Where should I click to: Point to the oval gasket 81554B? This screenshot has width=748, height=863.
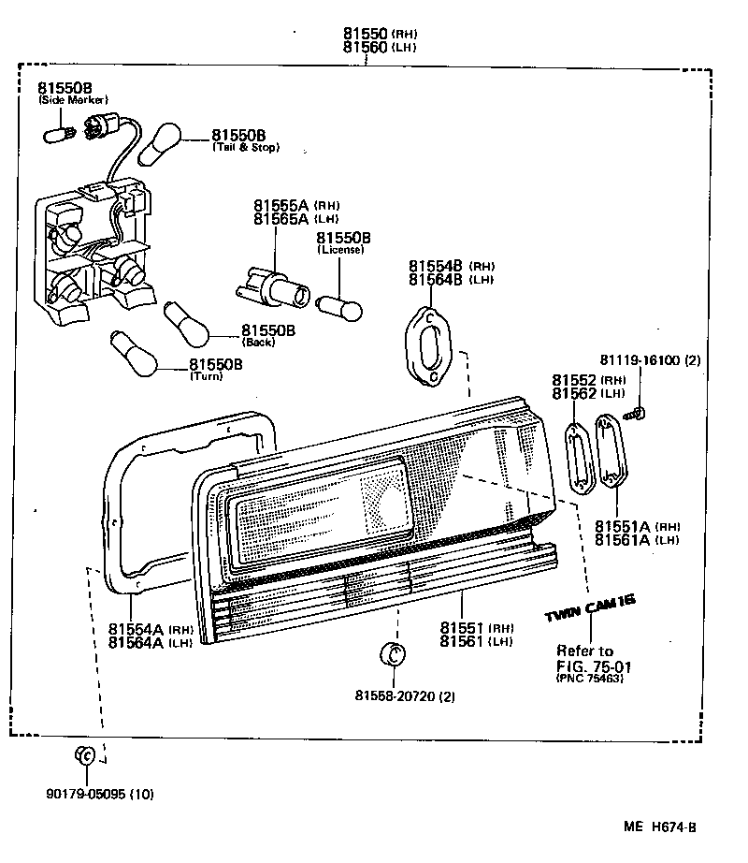[x=427, y=344]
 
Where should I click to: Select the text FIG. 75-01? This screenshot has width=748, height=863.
[x=594, y=666]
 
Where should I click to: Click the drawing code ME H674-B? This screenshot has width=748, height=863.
[x=662, y=827]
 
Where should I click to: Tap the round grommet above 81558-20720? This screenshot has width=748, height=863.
[x=394, y=654]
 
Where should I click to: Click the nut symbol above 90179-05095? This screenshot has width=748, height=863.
[x=85, y=755]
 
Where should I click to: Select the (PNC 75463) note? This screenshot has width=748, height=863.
[x=589, y=679]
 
